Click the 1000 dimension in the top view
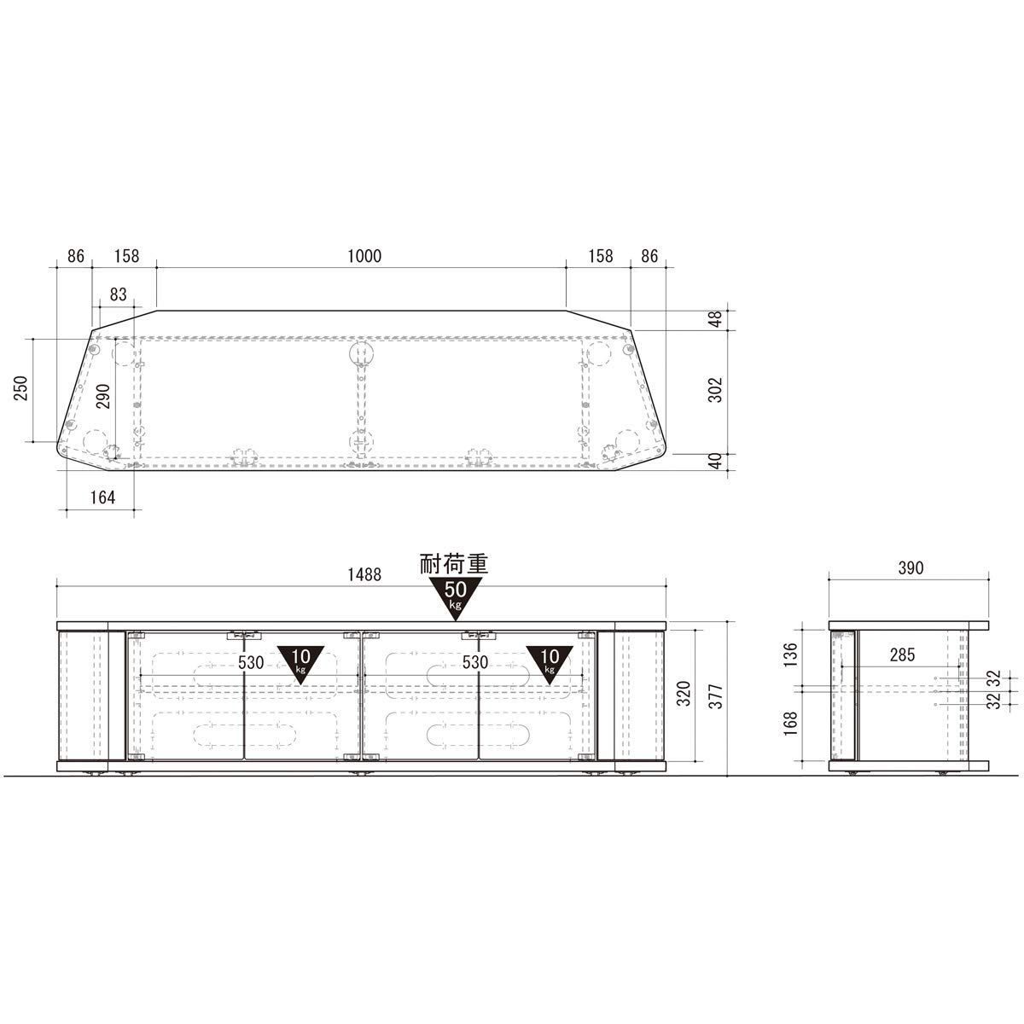coord(364,256)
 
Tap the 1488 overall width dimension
coord(364,574)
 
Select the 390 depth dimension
coord(911,568)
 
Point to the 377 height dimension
coord(716,696)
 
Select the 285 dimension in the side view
coord(902,655)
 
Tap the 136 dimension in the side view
coord(791,655)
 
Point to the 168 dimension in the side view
coord(791,724)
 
